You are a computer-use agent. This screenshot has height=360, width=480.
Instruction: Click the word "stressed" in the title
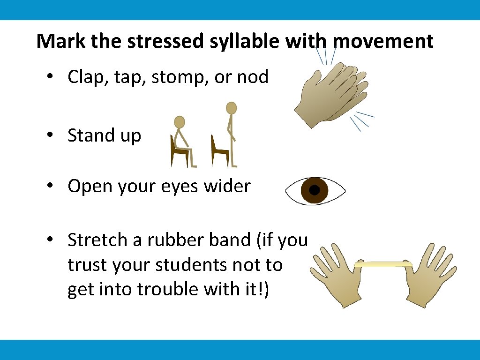(x=157, y=41)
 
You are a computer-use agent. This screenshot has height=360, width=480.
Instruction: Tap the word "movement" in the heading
(x=383, y=41)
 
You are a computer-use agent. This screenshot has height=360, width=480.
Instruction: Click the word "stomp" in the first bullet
(x=180, y=77)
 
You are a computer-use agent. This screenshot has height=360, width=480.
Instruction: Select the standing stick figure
(x=230, y=134)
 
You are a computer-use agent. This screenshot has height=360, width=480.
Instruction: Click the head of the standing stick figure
(x=231, y=108)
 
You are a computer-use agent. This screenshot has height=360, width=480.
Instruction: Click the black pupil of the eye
(x=315, y=190)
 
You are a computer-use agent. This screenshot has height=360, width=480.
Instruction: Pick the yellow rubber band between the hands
(x=383, y=264)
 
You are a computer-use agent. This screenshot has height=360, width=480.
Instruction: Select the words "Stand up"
(x=104, y=135)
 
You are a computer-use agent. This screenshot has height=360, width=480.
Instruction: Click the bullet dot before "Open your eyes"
(x=55, y=187)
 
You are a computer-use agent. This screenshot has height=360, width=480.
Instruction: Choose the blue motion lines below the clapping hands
(x=363, y=120)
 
